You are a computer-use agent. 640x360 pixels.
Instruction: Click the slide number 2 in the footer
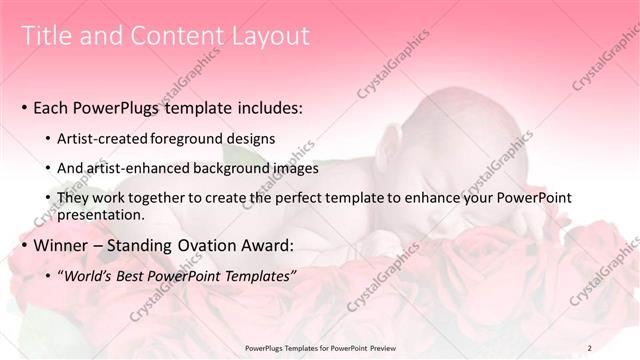[x=590, y=347]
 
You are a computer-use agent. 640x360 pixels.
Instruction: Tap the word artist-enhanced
[x=142, y=168]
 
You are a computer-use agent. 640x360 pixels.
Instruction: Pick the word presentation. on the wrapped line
[x=102, y=214]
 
